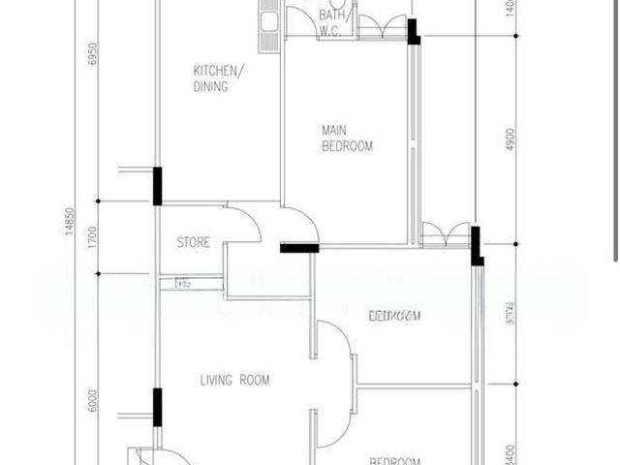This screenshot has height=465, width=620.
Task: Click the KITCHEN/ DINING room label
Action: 219,78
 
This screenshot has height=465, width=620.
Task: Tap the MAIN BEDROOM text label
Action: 347,138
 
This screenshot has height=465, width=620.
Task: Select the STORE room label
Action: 193,242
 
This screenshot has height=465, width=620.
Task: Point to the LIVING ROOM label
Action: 234,380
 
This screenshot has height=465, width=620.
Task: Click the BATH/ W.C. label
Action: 333,21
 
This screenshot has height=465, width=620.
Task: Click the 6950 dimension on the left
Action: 93,53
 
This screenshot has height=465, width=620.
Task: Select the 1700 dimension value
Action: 93,236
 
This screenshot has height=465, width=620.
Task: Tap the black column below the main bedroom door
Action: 299,249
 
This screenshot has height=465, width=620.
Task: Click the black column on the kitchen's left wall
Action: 157,186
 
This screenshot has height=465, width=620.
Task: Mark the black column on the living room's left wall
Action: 157,406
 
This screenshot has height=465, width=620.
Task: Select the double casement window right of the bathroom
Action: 383,27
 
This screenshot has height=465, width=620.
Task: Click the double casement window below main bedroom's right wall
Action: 445,235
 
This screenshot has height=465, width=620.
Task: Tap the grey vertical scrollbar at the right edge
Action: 616,131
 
